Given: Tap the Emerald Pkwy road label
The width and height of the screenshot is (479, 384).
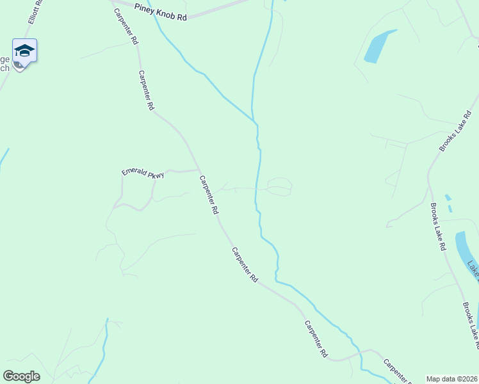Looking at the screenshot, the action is (x=143, y=173).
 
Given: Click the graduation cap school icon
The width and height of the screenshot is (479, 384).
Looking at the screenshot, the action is (x=24, y=51).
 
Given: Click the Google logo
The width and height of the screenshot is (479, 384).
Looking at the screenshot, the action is (x=21, y=376).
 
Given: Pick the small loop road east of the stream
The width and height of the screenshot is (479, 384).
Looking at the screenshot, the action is (x=279, y=186).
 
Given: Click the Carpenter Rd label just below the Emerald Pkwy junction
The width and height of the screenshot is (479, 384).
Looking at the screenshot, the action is (x=209, y=195).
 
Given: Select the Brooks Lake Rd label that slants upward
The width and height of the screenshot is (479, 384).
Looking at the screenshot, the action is (x=455, y=131).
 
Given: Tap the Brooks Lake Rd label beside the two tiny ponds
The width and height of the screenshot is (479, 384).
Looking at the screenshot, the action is (x=438, y=227).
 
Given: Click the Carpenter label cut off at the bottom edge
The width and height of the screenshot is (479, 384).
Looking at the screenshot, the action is (x=396, y=371).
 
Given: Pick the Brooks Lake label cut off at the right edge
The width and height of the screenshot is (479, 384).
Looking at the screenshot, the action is (x=470, y=326).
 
